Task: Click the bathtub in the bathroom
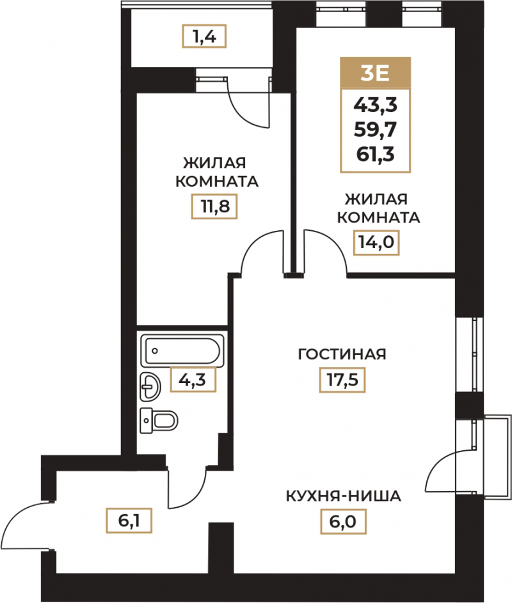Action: pos(182,350)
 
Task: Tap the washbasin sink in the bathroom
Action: pos(150,387)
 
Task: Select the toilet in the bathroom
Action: pos(159,421)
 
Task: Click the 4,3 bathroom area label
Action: pos(193,380)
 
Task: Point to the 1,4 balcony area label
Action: pos(204,36)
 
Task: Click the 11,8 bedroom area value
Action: pos(214,207)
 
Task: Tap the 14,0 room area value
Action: pos(376,242)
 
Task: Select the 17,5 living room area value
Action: pos(342,380)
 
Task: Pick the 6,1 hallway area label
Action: pos(129,521)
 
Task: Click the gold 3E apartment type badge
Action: pos(375,74)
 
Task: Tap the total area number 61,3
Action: pos(375,155)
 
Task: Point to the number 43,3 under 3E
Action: pos(375,105)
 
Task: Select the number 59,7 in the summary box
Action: pos(375,130)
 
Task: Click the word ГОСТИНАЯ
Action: pos(342,354)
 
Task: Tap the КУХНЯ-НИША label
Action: pos(344,496)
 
